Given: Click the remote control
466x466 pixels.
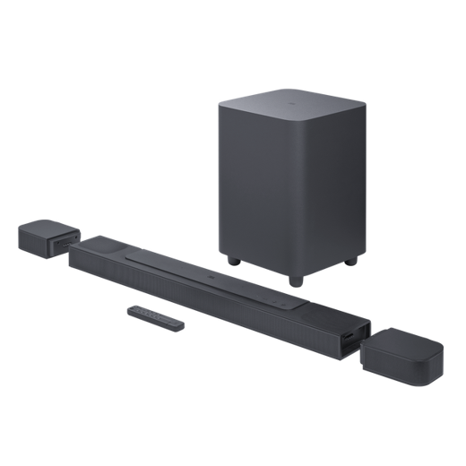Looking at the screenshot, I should point(155,316).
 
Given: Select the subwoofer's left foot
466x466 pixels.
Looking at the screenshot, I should point(234,262).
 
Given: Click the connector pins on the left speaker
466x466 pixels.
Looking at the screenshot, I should point(62,242).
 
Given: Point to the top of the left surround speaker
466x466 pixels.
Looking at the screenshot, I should point(42,224).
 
